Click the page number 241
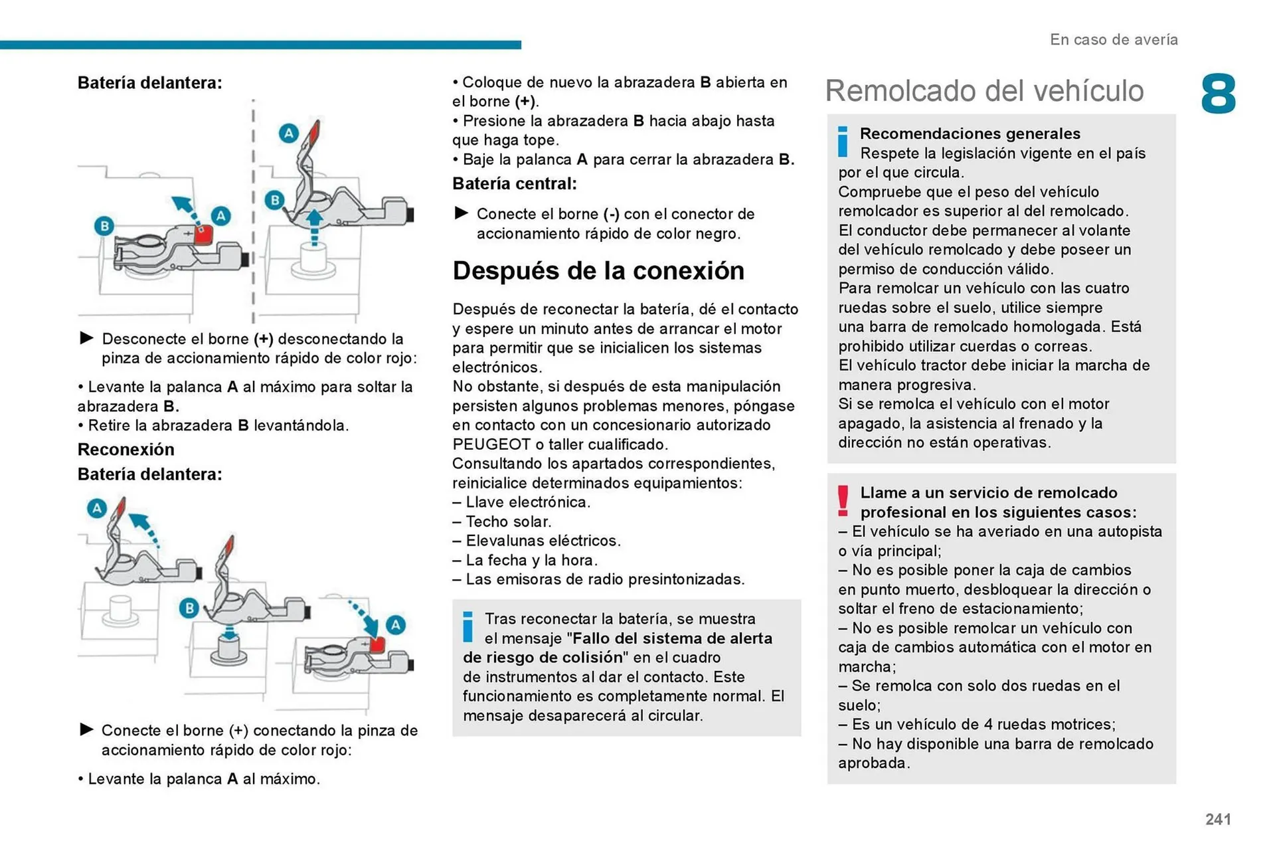point(1218,819)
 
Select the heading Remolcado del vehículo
point(984,91)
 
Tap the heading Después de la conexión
point(598,270)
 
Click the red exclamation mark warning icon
point(843,501)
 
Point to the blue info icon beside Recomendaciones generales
point(843,142)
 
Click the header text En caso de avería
point(1114,40)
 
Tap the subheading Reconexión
point(126,450)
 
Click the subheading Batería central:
point(514,184)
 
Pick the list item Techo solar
point(508,521)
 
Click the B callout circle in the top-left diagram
point(104,226)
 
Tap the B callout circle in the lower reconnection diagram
point(189,608)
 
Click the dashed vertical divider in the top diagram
point(253,213)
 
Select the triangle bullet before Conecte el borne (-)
point(461,213)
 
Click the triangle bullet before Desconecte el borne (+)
point(86,338)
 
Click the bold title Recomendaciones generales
point(970,134)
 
